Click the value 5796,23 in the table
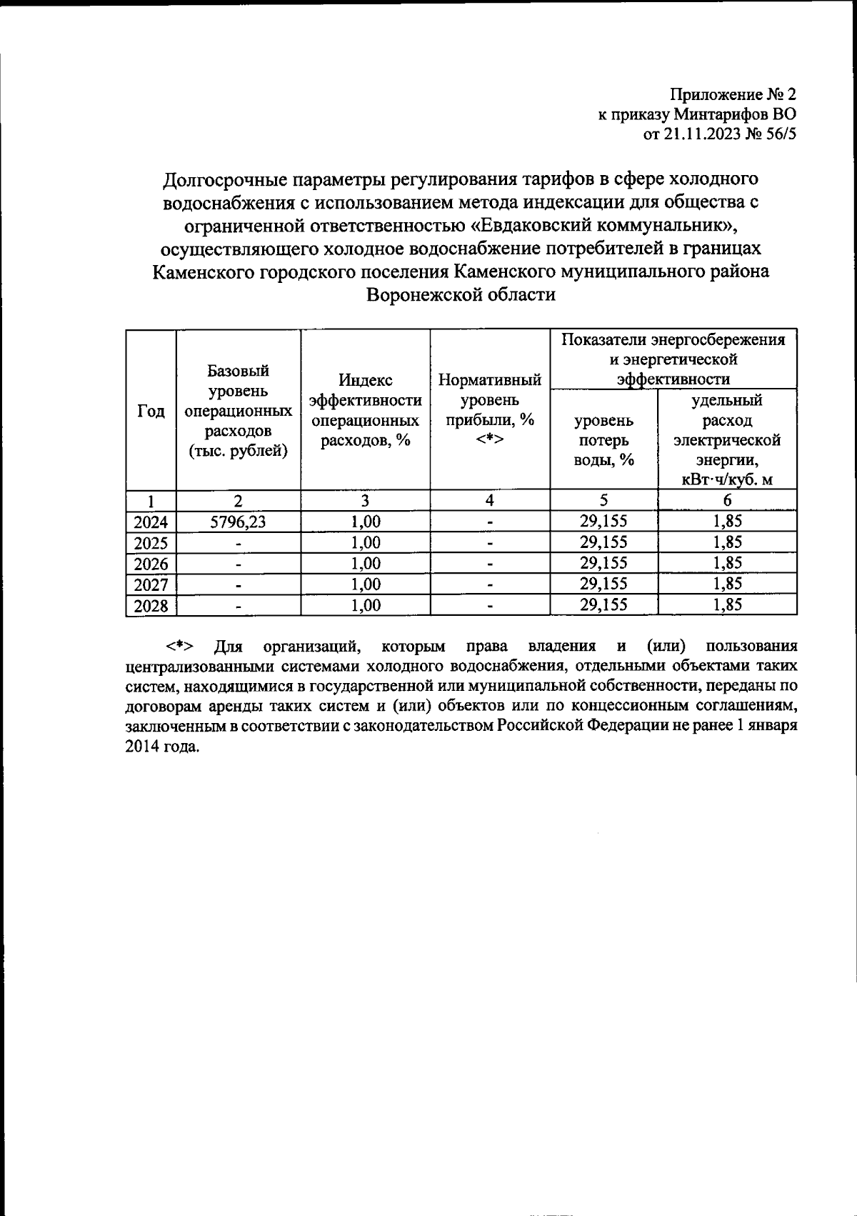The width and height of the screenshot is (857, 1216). pyautogui.click(x=238, y=522)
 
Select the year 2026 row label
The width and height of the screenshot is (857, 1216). pyautogui.click(x=151, y=564)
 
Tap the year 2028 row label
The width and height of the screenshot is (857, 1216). pyautogui.click(x=151, y=607)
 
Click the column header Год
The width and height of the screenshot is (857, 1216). pyautogui.click(x=151, y=412)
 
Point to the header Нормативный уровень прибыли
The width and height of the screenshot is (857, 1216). pyautogui.click(x=489, y=409)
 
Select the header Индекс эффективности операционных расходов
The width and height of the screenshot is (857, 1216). pyautogui.click(x=365, y=410)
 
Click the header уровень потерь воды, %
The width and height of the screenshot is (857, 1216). pyautogui.click(x=603, y=439)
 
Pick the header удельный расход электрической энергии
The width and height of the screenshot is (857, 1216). pyautogui.click(x=726, y=439)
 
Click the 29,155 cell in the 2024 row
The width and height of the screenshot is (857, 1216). pyautogui.click(x=603, y=522)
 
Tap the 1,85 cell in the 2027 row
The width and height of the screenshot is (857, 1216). pyautogui.click(x=726, y=584)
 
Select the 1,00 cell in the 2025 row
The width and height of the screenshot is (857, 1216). pyautogui.click(x=365, y=543)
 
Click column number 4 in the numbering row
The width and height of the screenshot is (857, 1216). pyautogui.click(x=489, y=501)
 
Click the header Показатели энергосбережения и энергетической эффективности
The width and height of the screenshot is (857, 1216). pyautogui.click(x=673, y=359)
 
